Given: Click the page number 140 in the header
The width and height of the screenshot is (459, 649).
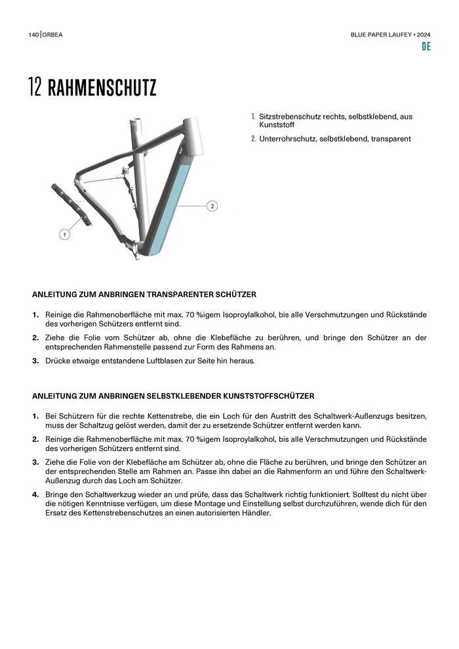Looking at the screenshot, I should [x=33, y=34].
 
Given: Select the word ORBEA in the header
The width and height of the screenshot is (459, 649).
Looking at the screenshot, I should [x=53, y=34].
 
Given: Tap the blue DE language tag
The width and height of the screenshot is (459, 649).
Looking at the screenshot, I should [x=426, y=47].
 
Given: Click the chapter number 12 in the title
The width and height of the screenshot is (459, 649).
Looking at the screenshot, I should [x=35, y=88].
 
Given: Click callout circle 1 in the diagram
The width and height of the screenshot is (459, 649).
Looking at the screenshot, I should [x=64, y=234].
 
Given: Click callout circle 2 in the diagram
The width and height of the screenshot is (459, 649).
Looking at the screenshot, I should [x=212, y=206].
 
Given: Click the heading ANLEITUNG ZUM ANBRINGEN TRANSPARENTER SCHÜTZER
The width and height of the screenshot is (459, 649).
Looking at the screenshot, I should [x=144, y=294].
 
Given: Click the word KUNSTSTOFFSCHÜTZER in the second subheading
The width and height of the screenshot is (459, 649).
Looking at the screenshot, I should [x=266, y=396].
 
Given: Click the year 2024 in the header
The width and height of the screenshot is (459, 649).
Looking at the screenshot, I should [x=423, y=34].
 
